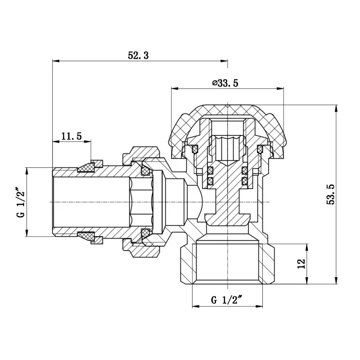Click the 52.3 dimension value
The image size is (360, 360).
[138, 56]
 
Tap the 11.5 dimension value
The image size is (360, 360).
[72, 136]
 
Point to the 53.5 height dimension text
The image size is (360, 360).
[331, 195]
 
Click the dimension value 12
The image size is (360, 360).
[302, 263]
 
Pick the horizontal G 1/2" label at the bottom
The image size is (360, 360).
[227, 300]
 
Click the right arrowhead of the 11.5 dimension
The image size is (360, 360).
[89, 141]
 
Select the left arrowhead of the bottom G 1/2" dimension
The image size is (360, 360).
[195, 306]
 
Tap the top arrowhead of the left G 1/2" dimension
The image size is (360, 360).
[27, 170]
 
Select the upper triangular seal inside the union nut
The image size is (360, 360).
[145, 170]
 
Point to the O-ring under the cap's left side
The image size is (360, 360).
[195, 148]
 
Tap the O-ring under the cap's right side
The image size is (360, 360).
[260, 148]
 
